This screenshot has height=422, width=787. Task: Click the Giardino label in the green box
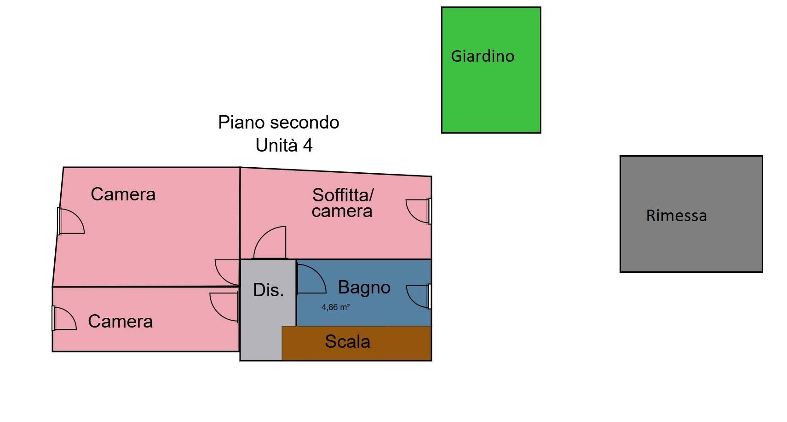tap(482, 56)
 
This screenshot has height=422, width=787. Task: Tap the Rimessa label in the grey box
tap(676, 216)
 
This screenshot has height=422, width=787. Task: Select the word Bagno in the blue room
tap(364, 287)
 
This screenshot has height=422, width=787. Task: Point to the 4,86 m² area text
tap(335, 307)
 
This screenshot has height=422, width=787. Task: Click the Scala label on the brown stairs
tap(347, 342)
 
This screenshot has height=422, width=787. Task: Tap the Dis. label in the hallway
tap(268, 290)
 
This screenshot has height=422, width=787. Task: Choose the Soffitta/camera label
tap(342, 203)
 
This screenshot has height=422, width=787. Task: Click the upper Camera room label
tap(123, 194)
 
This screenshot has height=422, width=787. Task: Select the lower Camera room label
tap(120, 322)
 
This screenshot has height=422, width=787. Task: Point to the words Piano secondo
tap(278, 123)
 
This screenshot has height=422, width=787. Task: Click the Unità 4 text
tap(284, 146)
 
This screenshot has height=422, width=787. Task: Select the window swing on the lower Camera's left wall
tap(64, 318)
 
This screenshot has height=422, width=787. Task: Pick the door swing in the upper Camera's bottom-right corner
tap(228, 272)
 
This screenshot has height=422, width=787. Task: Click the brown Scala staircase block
tap(396, 350)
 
